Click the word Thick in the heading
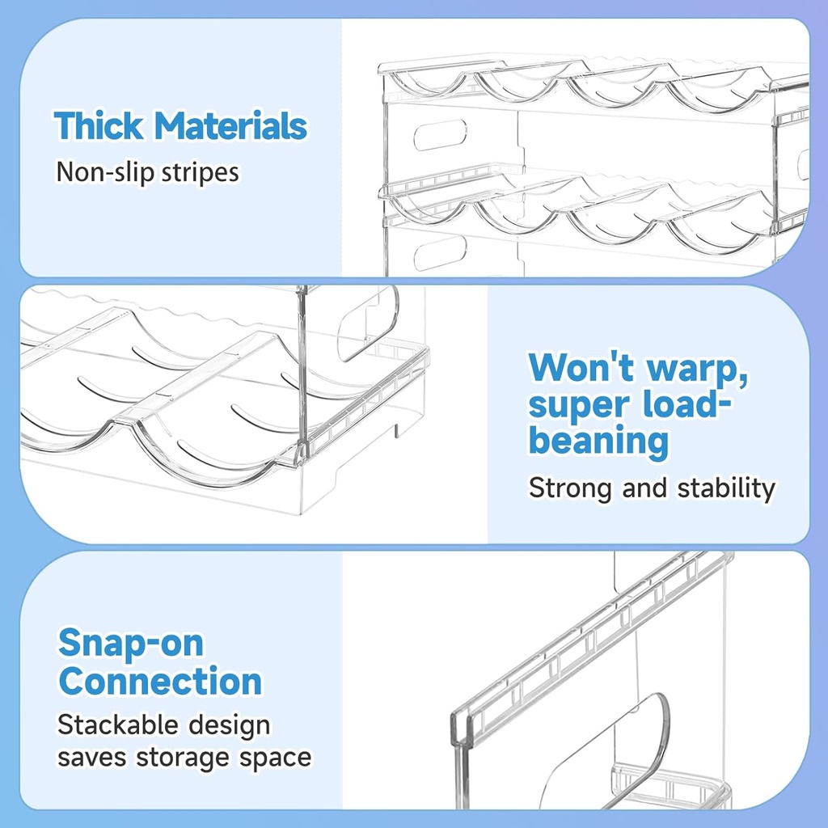[x=99, y=127]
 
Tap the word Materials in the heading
[x=230, y=127]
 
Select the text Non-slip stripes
[x=147, y=171]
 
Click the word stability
[x=726, y=488]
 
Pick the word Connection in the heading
[x=160, y=681]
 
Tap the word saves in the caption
[x=91, y=758]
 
